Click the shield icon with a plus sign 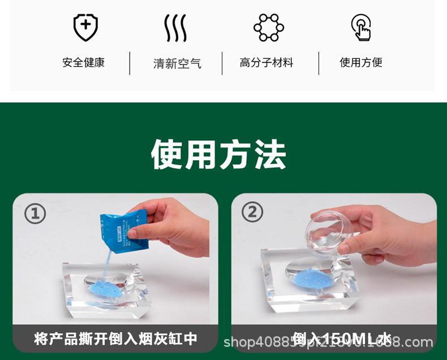[x=85, y=27]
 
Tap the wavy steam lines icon [x=175, y=28]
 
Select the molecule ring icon [x=268, y=27]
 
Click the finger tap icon [x=361, y=27]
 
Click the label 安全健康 [x=84, y=62]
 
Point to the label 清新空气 [x=177, y=63]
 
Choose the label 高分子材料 [x=267, y=62]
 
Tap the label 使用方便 [x=361, y=62]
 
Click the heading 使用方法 [x=218, y=154]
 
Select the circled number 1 [x=35, y=213]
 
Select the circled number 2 [x=252, y=212]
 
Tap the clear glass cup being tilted [x=329, y=232]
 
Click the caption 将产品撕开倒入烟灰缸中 [x=115, y=338]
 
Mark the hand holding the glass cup [x=385, y=232]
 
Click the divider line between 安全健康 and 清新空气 [x=130, y=63]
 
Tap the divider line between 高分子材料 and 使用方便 [x=319, y=63]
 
